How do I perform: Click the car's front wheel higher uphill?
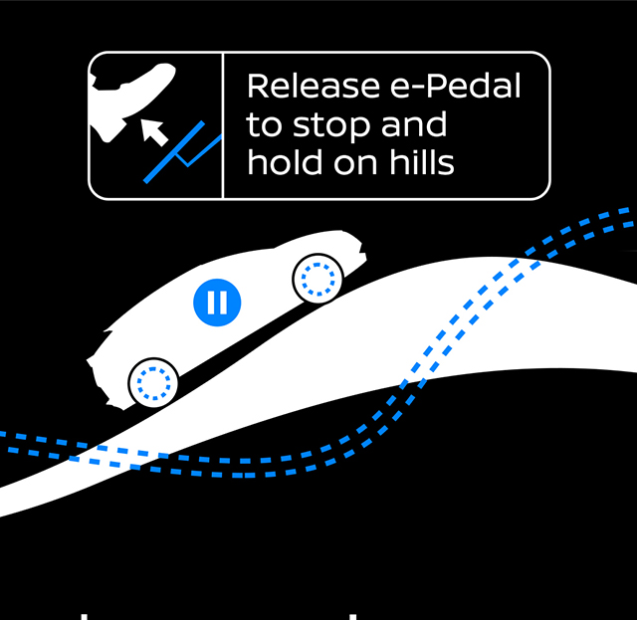[318, 280]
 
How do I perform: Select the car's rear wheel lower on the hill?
[153, 381]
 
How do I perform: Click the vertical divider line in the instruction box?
[223, 125]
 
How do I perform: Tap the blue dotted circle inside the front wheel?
[318, 280]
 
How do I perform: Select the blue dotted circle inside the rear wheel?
[153, 381]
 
